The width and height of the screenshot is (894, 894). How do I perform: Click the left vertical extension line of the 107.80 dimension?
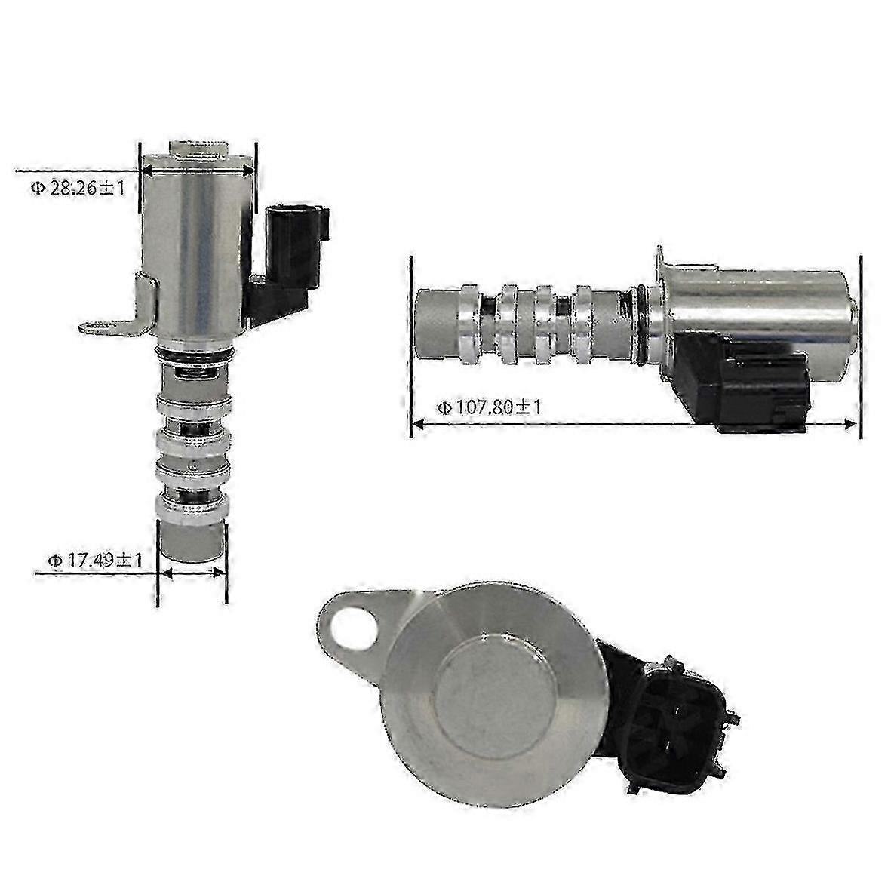(412, 347)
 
